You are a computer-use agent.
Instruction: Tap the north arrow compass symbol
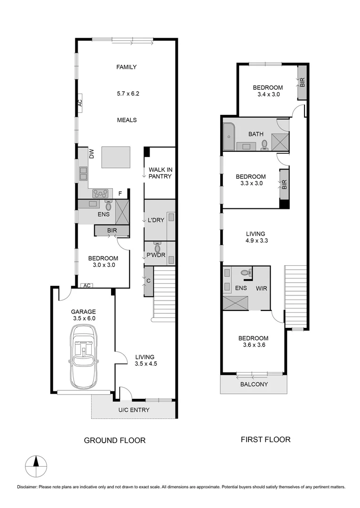36,467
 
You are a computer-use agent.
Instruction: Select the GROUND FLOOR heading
114,441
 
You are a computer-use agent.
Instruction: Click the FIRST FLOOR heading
265,440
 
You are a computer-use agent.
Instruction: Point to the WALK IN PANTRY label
160,173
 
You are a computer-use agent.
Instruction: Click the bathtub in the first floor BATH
228,137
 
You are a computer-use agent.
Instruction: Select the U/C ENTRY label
134,410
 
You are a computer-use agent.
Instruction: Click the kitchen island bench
116,157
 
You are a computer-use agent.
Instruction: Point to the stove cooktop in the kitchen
100,193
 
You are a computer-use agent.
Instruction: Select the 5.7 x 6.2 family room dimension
128,94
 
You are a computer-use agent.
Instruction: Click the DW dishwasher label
92,154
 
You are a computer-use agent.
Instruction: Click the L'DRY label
156,220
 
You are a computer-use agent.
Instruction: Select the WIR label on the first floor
261,288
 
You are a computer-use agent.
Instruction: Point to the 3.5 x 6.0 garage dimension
83,318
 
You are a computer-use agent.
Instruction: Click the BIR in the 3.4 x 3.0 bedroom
302,83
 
